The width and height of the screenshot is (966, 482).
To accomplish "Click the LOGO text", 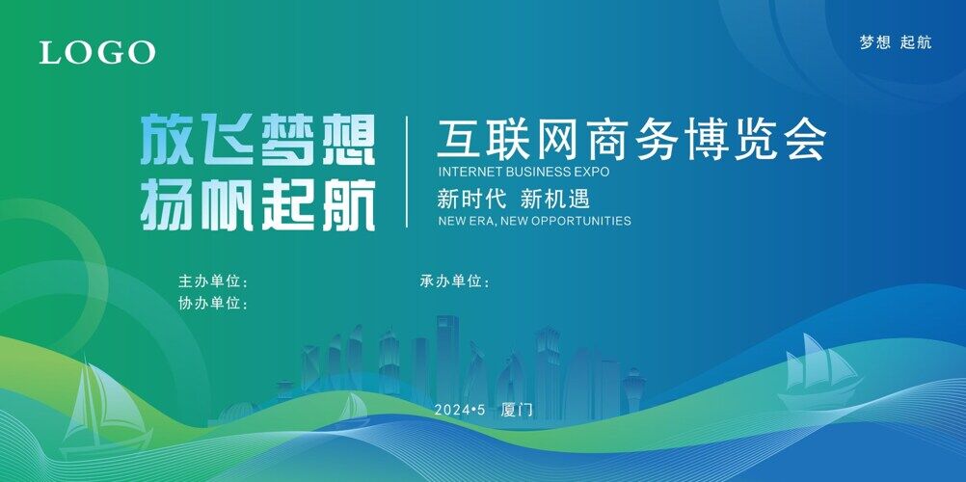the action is coord(97,52).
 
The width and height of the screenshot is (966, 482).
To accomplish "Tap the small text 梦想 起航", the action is coord(896,42).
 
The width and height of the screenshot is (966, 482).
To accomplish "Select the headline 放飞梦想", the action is coord(258,141).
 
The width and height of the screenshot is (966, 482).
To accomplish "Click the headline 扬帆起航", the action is coord(258,206).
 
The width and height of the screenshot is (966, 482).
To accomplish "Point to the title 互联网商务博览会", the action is coord(631,140).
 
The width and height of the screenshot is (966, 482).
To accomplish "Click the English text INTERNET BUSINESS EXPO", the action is coord(523,172).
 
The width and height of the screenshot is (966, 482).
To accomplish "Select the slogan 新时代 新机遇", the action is coord(514,199).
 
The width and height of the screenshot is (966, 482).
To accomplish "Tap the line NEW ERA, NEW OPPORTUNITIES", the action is coord(535,221).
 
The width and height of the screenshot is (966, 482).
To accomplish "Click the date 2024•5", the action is coord(460,410).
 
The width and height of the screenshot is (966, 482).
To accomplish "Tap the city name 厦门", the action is coord(517,410).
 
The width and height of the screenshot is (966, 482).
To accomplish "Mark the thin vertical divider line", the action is coord(407,172).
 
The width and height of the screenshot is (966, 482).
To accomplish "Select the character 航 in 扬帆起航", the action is coord(349,206).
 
